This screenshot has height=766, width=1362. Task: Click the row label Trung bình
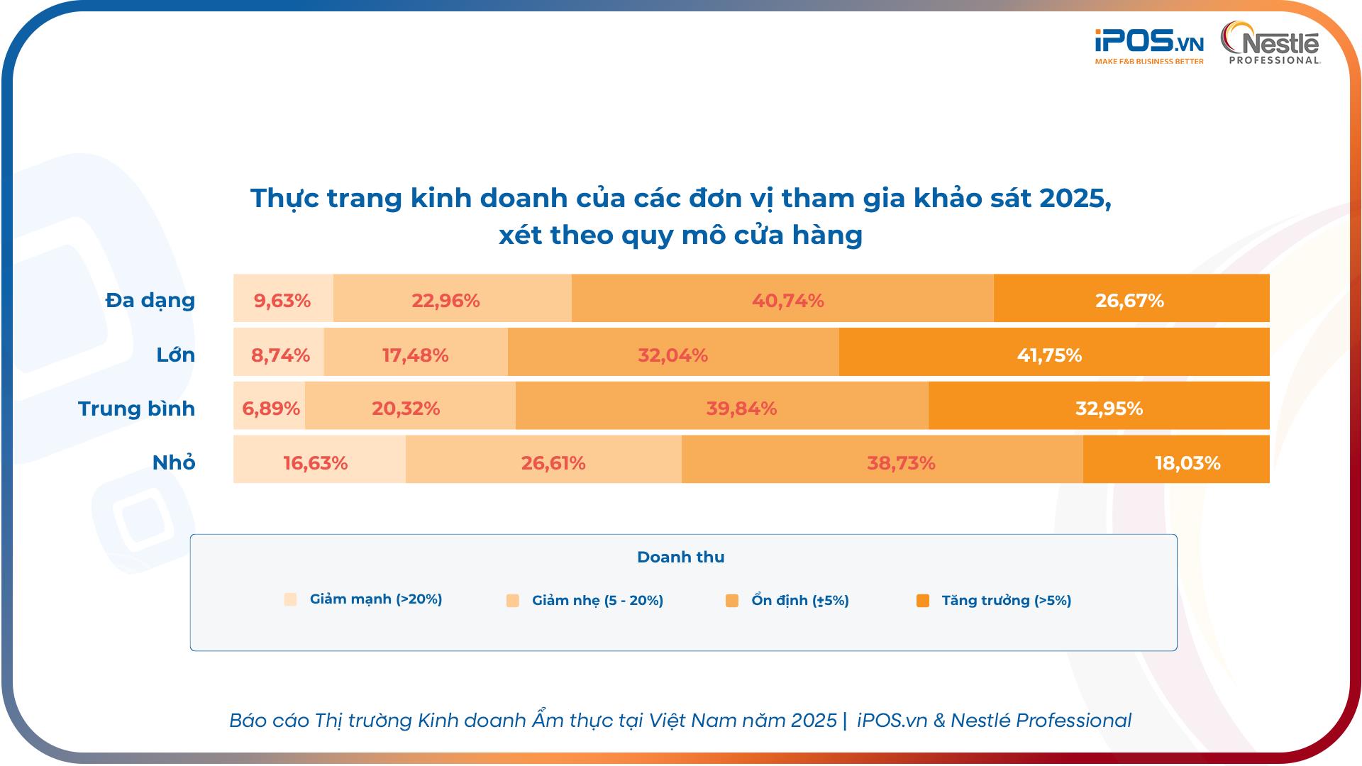click(x=136, y=409)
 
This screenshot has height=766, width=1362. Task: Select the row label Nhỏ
click(x=174, y=462)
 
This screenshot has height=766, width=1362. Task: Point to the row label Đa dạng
click(x=150, y=300)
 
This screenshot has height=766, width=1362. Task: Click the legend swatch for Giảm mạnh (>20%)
click(x=290, y=599)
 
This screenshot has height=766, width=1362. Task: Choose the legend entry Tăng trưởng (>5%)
click(x=1005, y=601)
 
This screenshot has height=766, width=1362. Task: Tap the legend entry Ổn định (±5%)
click(x=799, y=601)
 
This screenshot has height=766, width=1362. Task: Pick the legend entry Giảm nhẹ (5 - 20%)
click(x=597, y=601)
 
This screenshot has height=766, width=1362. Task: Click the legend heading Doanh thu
click(x=680, y=557)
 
